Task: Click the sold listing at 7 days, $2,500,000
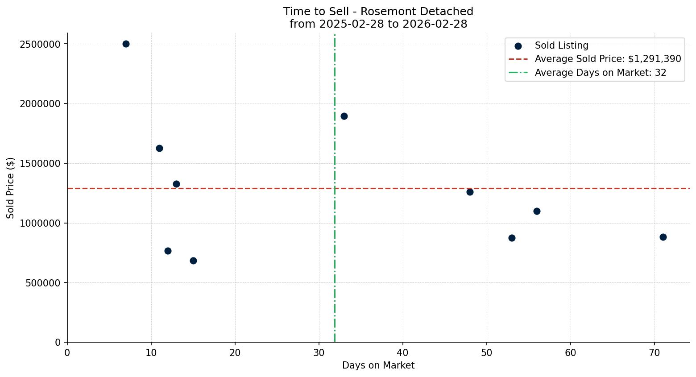click(x=126, y=44)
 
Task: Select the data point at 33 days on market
click(x=344, y=116)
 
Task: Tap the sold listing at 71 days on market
click(x=663, y=237)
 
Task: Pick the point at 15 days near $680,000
click(x=193, y=261)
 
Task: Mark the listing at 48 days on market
click(x=470, y=192)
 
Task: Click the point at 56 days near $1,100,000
click(x=537, y=211)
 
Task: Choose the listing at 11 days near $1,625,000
click(x=159, y=148)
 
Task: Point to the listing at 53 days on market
click(x=512, y=238)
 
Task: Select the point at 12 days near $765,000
click(x=168, y=251)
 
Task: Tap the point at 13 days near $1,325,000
click(x=176, y=184)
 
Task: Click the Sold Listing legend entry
click(x=561, y=46)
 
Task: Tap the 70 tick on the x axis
click(x=655, y=353)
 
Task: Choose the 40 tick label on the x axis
click(x=403, y=353)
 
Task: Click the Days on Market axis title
click(x=378, y=366)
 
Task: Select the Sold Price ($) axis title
click(x=10, y=187)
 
